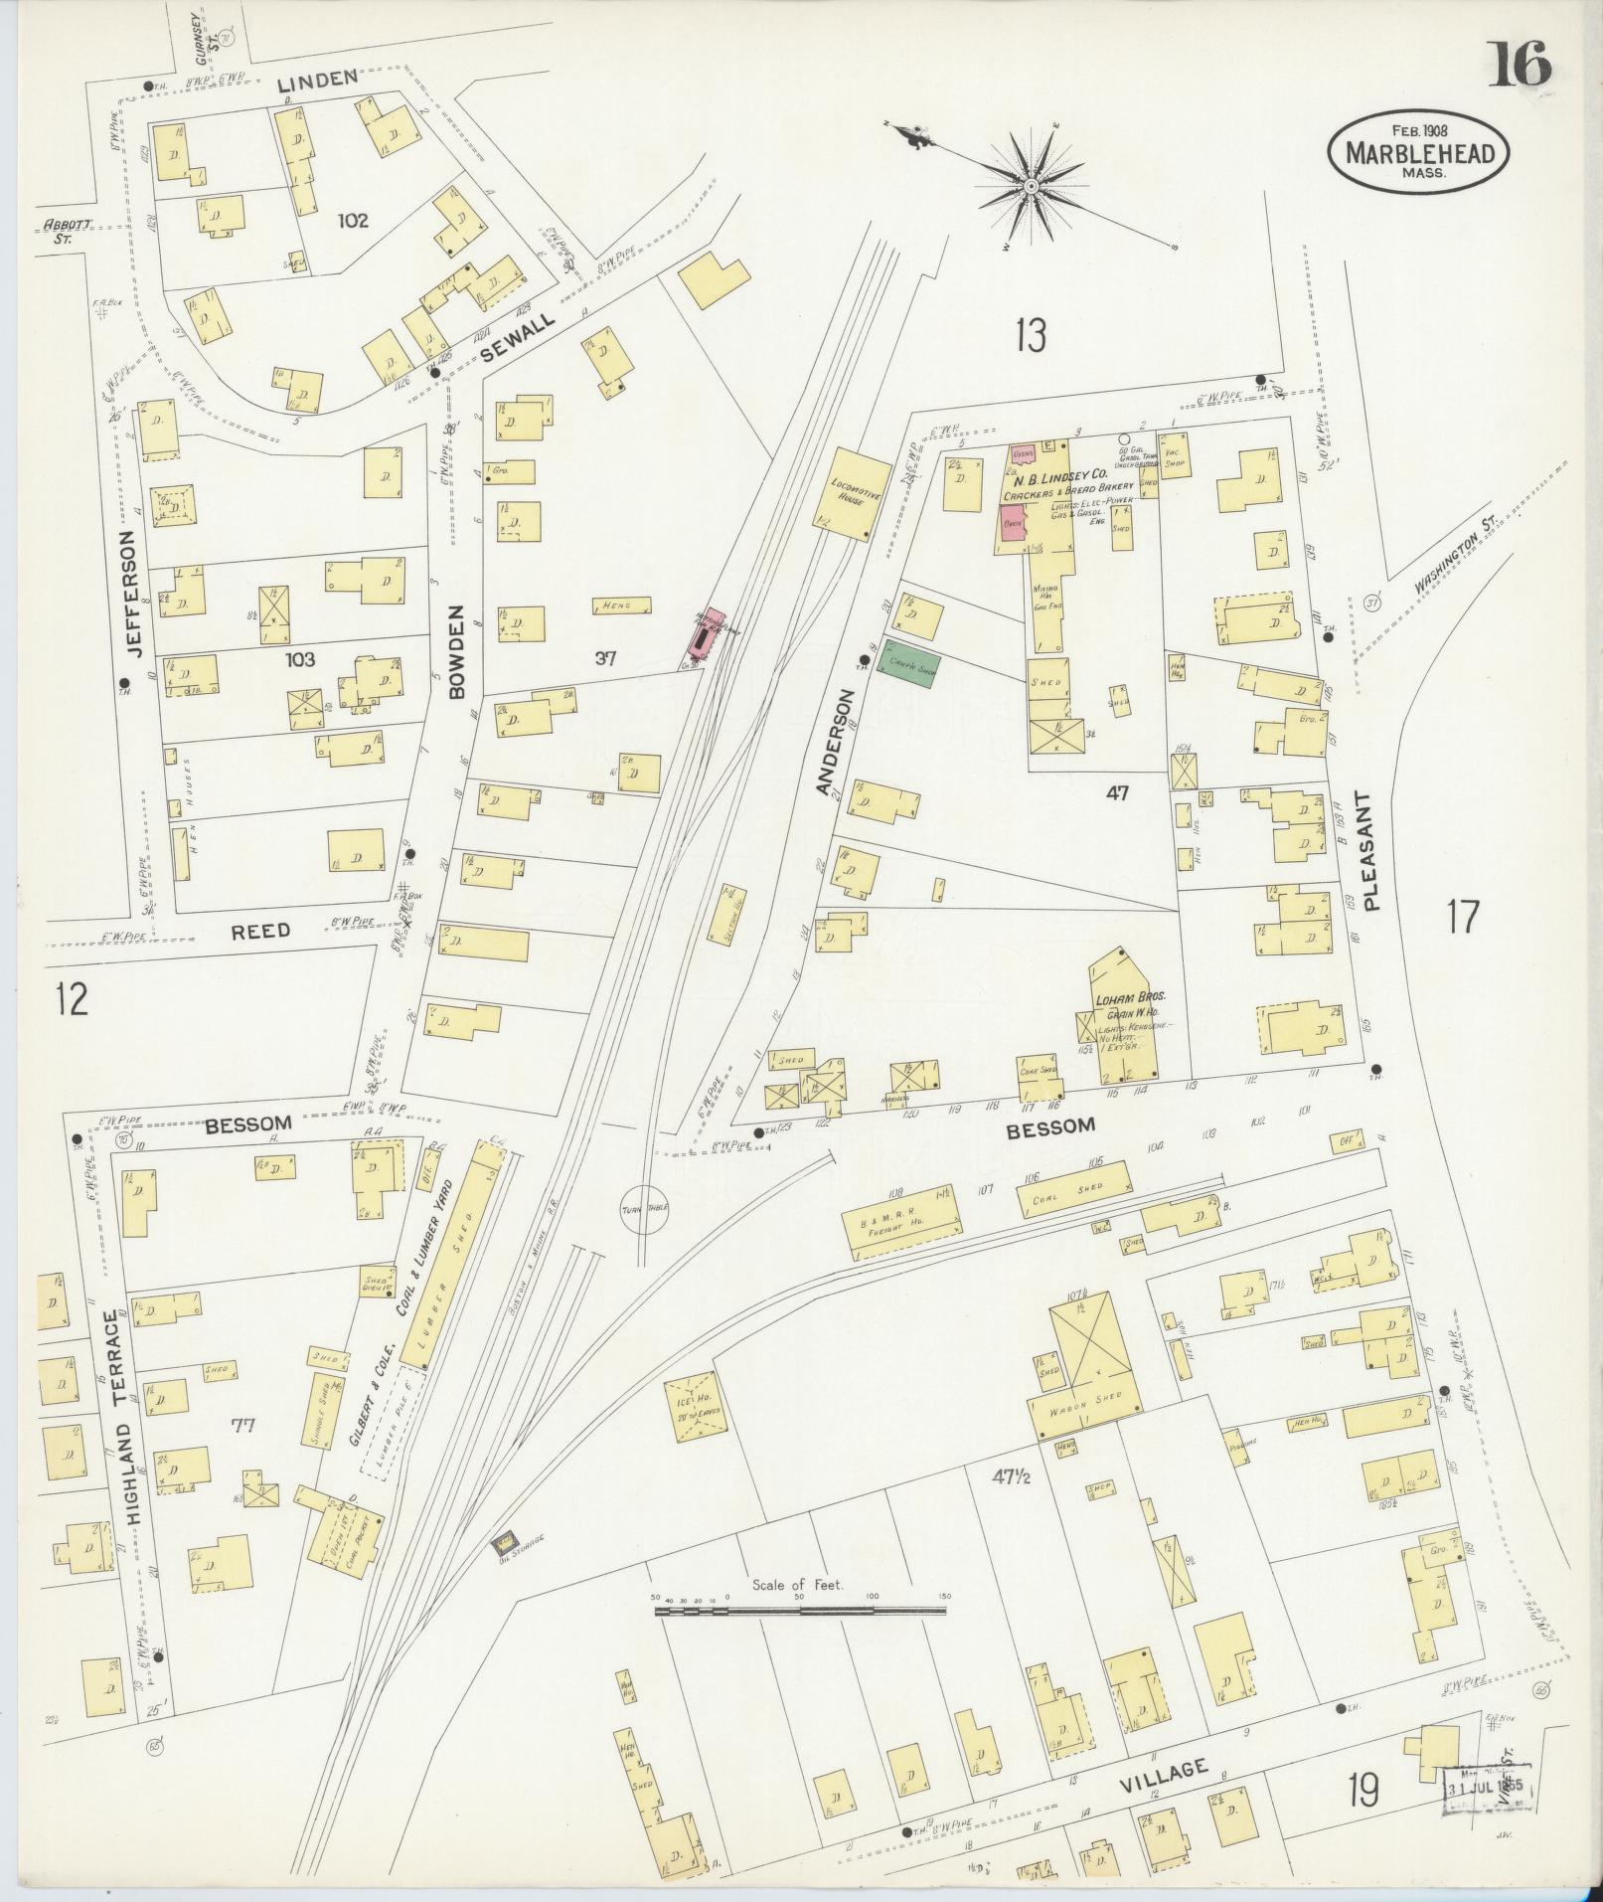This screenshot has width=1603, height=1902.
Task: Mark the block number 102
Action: [x=353, y=220]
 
